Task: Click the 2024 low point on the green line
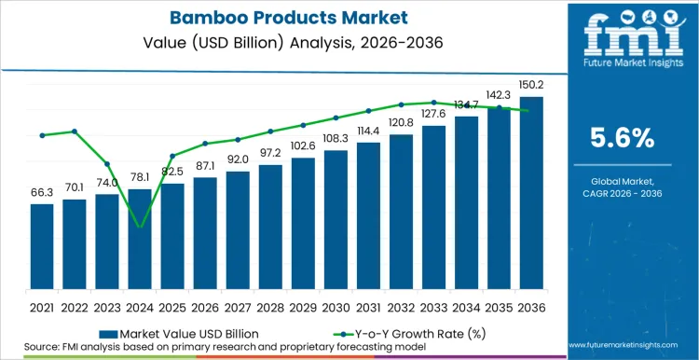pyautogui.click(x=140, y=227)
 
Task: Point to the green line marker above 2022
pyautogui.click(x=75, y=132)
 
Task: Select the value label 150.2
pyautogui.click(x=531, y=86)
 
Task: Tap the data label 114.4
pyautogui.click(x=368, y=132)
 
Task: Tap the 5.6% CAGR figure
pyautogui.click(x=624, y=139)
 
